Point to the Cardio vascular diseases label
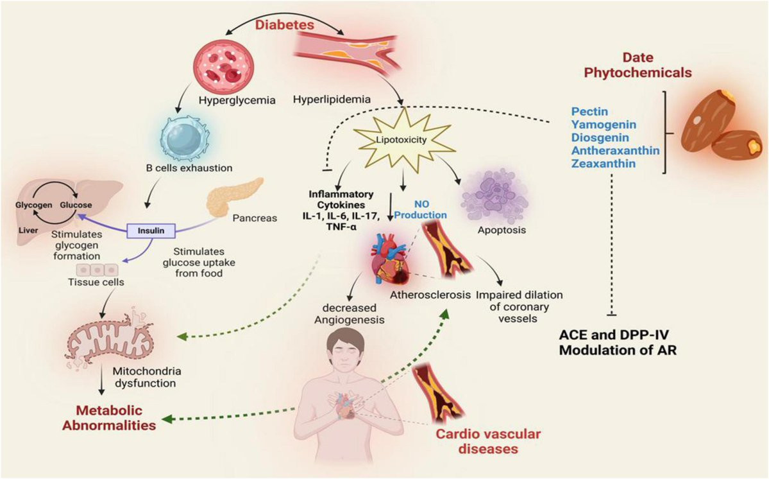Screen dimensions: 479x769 pos(488,442)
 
